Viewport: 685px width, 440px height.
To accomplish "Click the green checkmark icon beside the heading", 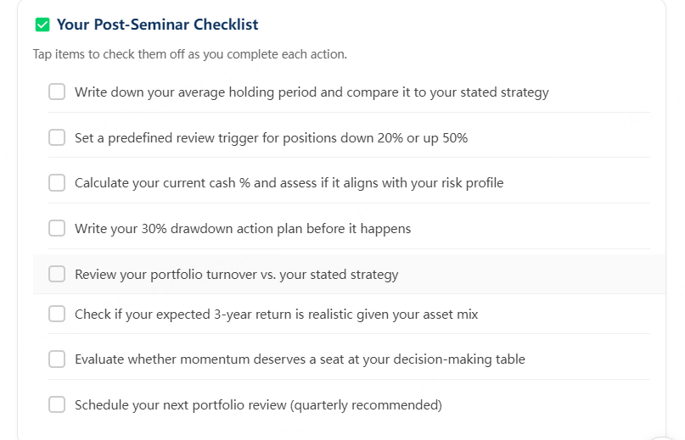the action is coord(42,25).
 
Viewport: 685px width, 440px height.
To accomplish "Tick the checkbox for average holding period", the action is coord(57,92).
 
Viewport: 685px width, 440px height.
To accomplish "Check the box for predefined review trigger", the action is coord(57,137).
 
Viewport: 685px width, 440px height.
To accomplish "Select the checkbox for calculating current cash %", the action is coord(57,183).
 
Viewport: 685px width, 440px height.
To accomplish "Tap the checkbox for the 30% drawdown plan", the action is coord(57,228).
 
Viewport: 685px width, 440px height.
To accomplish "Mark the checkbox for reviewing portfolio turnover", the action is coord(57,274).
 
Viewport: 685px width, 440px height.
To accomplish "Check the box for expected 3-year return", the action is coord(57,314).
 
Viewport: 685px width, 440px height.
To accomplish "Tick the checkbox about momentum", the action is coord(57,359).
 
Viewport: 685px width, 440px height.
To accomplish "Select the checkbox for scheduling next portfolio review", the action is coord(57,404).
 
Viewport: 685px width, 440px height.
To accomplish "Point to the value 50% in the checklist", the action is coord(455,138).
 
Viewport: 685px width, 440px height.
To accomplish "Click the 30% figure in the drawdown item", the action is coord(154,229).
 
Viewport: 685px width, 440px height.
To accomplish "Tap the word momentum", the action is coord(215,359).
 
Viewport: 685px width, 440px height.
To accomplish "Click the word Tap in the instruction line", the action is coord(42,54).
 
